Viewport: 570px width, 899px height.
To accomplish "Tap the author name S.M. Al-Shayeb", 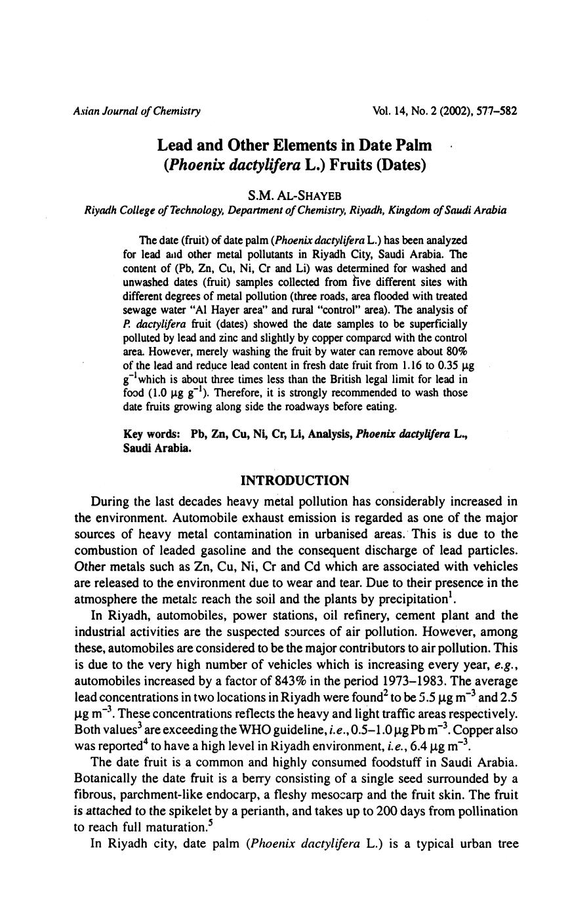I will (295, 195).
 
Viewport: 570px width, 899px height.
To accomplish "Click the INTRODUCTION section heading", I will (295, 481).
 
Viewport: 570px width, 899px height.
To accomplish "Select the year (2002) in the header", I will (444, 111).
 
